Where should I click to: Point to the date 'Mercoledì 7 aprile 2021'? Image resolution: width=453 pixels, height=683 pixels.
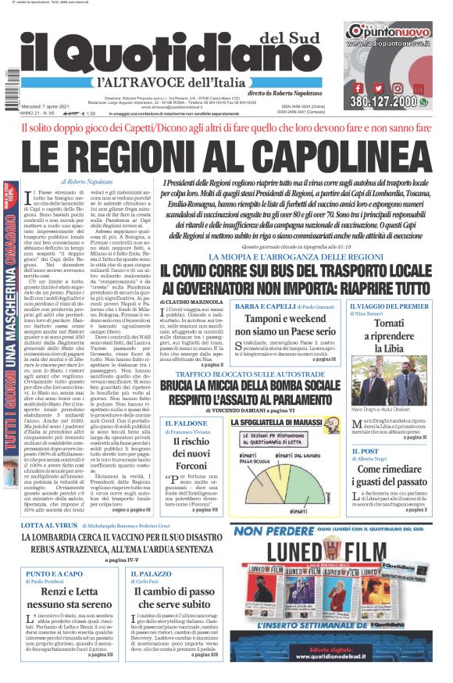[53, 106]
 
